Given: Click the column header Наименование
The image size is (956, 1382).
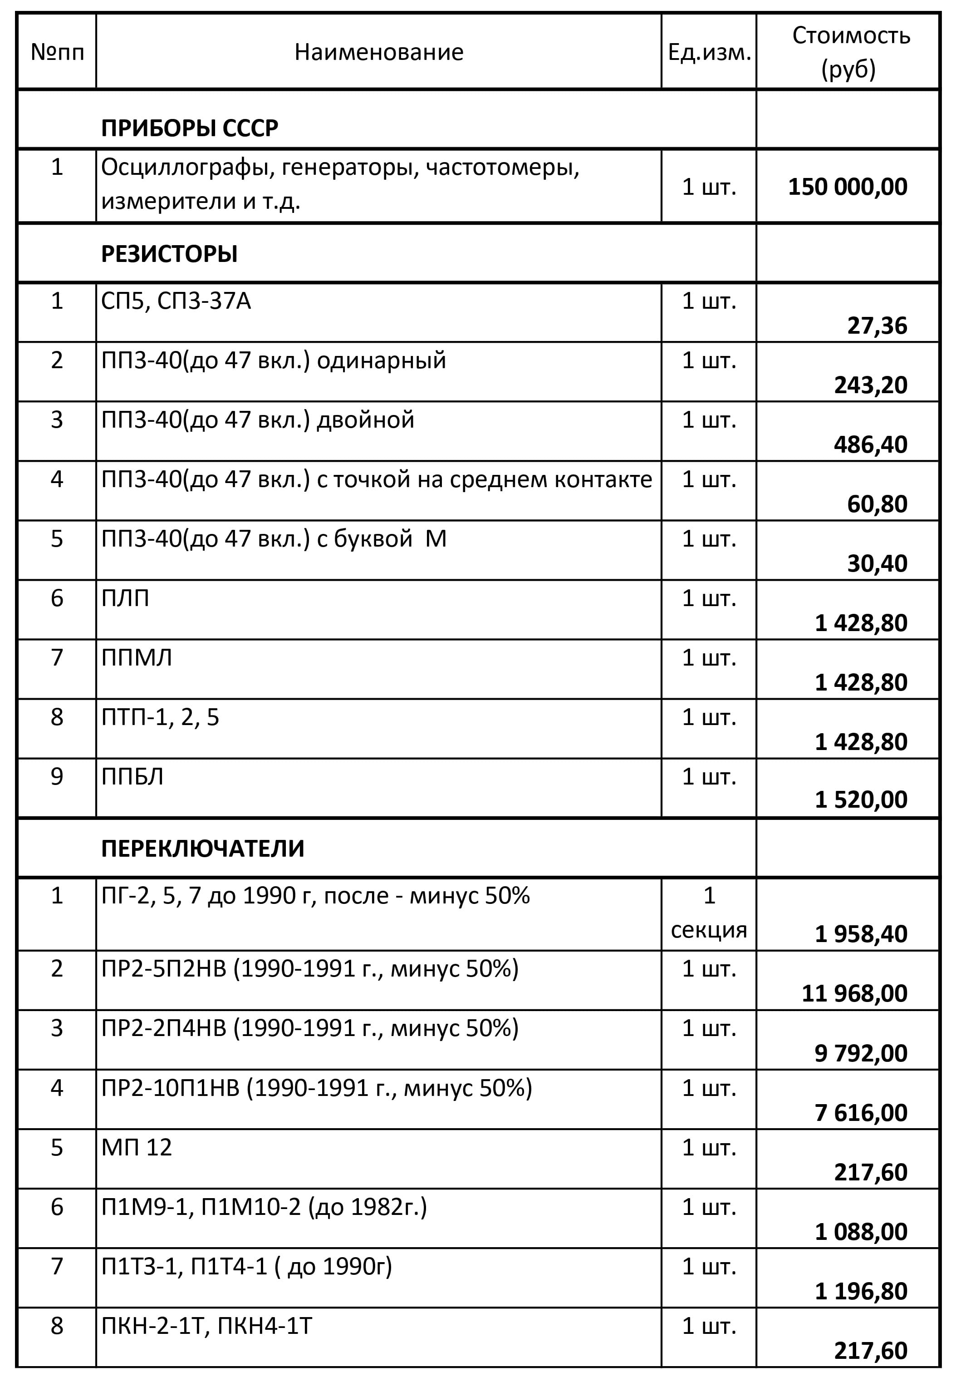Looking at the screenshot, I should (378, 52).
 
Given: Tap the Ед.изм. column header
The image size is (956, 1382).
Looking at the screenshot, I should (709, 53).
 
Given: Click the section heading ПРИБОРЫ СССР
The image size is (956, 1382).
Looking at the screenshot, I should (189, 128).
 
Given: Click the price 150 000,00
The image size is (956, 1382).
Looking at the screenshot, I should (848, 187).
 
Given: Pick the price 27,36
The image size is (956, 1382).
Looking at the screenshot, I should (877, 326).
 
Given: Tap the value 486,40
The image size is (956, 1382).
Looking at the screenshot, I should (870, 444).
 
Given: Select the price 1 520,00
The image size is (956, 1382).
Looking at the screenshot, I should (861, 800).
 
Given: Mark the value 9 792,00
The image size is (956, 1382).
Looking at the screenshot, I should (861, 1053).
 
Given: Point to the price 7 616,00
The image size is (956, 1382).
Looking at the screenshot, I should (861, 1113).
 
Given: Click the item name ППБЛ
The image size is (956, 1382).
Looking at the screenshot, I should (132, 777).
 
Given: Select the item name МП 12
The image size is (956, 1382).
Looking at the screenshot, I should (137, 1148).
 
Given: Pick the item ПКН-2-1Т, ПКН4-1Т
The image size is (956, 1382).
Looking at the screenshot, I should (206, 1326).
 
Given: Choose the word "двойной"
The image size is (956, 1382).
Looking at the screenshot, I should (365, 420).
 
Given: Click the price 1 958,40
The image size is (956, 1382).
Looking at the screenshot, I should (861, 934).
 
